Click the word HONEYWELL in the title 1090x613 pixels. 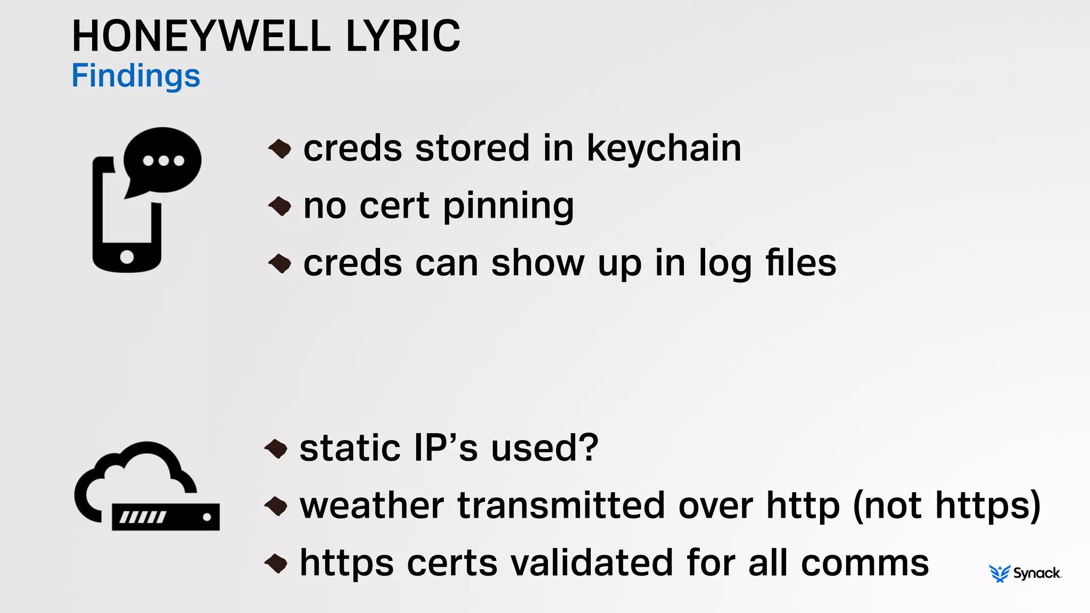[x=201, y=36]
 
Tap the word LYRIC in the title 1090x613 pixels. [x=403, y=36]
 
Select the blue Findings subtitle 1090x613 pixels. [x=136, y=76]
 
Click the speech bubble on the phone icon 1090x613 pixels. [x=162, y=160]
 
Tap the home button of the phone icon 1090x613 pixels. [x=127, y=257]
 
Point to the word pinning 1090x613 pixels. [x=508, y=206]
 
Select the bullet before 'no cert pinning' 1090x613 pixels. [x=280, y=206]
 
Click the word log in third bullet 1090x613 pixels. [x=724, y=263]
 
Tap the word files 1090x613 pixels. [x=800, y=263]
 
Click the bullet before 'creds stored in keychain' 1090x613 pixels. [x=280, y=148]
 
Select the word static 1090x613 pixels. [x=350, y=448]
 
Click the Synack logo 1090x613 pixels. [x=1025, y=573]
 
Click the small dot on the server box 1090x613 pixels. [x=207, y=517]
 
